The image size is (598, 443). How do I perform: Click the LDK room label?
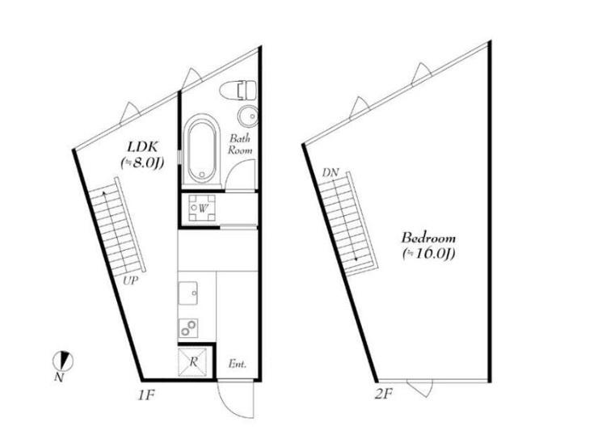142,146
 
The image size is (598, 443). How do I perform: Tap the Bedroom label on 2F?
428,238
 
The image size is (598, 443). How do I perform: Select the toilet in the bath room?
238,91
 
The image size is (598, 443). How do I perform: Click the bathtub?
201,151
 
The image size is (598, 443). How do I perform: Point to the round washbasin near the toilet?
248,116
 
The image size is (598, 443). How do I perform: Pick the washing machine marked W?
202,208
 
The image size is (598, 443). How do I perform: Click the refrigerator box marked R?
192,361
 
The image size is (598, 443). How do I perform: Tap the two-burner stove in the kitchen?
188,328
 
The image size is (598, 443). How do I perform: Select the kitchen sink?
188,293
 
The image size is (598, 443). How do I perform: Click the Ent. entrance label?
238,364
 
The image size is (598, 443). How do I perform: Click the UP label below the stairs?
130,281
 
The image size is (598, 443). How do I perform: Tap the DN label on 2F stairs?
331,173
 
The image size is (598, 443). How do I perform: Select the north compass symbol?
62,361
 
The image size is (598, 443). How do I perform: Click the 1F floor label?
145,394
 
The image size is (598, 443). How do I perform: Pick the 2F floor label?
383,394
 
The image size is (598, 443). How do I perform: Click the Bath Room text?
240,144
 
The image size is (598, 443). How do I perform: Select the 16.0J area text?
428,253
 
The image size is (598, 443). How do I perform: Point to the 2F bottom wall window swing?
419,390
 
